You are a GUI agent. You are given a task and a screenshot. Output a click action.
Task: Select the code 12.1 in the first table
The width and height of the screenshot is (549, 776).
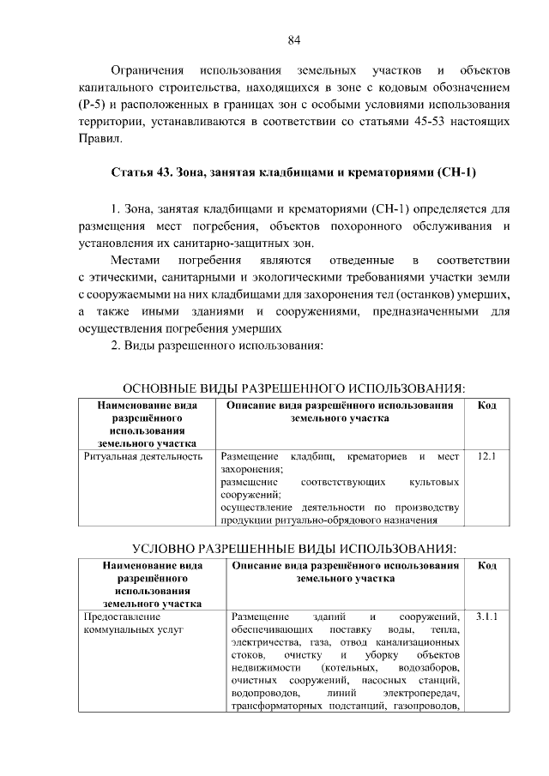(486, 457)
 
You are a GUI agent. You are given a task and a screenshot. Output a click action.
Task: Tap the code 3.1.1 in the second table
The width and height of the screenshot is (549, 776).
(486, 617)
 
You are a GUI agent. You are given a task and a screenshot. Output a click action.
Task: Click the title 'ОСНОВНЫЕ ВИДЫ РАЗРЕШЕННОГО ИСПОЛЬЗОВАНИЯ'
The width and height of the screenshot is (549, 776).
(300, 388)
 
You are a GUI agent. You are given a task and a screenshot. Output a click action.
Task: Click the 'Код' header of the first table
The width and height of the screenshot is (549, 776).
(486, 405)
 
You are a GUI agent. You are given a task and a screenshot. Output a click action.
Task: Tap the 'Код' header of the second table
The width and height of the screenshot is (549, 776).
(486, 565)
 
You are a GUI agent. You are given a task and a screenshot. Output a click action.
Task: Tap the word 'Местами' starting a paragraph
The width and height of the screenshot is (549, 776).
(134, 259)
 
